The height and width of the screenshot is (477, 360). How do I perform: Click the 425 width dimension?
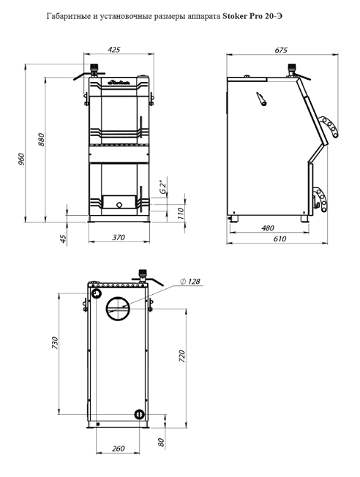(x=114, y=49)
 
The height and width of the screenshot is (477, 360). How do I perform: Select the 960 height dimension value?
(x=21, y=159)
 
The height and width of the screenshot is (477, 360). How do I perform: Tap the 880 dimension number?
(x=41, y=139)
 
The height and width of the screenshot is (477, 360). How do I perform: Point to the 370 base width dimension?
(x=119, y=237)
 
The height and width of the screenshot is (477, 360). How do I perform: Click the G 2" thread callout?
(x=164, y=187)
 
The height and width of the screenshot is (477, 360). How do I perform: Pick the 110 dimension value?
(x=181, y=214)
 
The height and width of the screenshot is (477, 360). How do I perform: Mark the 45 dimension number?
(x=63, y=238)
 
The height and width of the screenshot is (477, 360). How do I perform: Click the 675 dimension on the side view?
(x=281, y=50)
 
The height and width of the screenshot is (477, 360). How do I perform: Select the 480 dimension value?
(x=268, y=228)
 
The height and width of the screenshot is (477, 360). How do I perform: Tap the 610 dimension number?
(x=280, y=238)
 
